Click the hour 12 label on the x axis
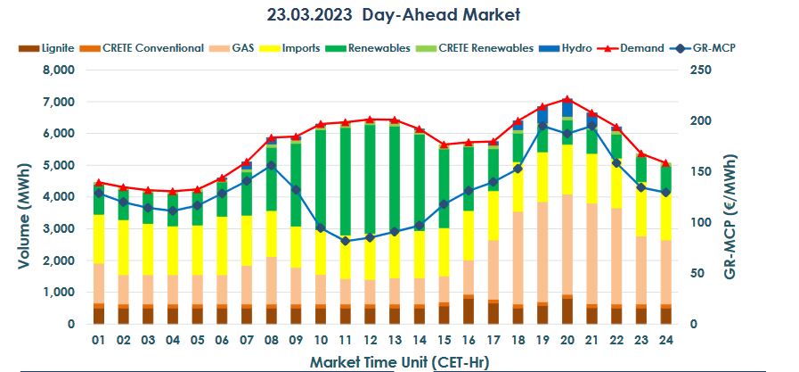(x=370, y=340)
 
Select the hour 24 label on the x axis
(x=664, y=340)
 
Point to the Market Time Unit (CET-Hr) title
(x=399, y=361)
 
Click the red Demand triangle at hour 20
(x=567, y=99)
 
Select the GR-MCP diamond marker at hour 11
(x=345, y=241)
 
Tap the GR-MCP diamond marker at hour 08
(x=271, y=165)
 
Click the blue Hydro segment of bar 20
(x=567, y=108)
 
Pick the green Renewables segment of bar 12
(x=370, y=178)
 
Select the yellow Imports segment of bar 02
(x=124, y=246)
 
